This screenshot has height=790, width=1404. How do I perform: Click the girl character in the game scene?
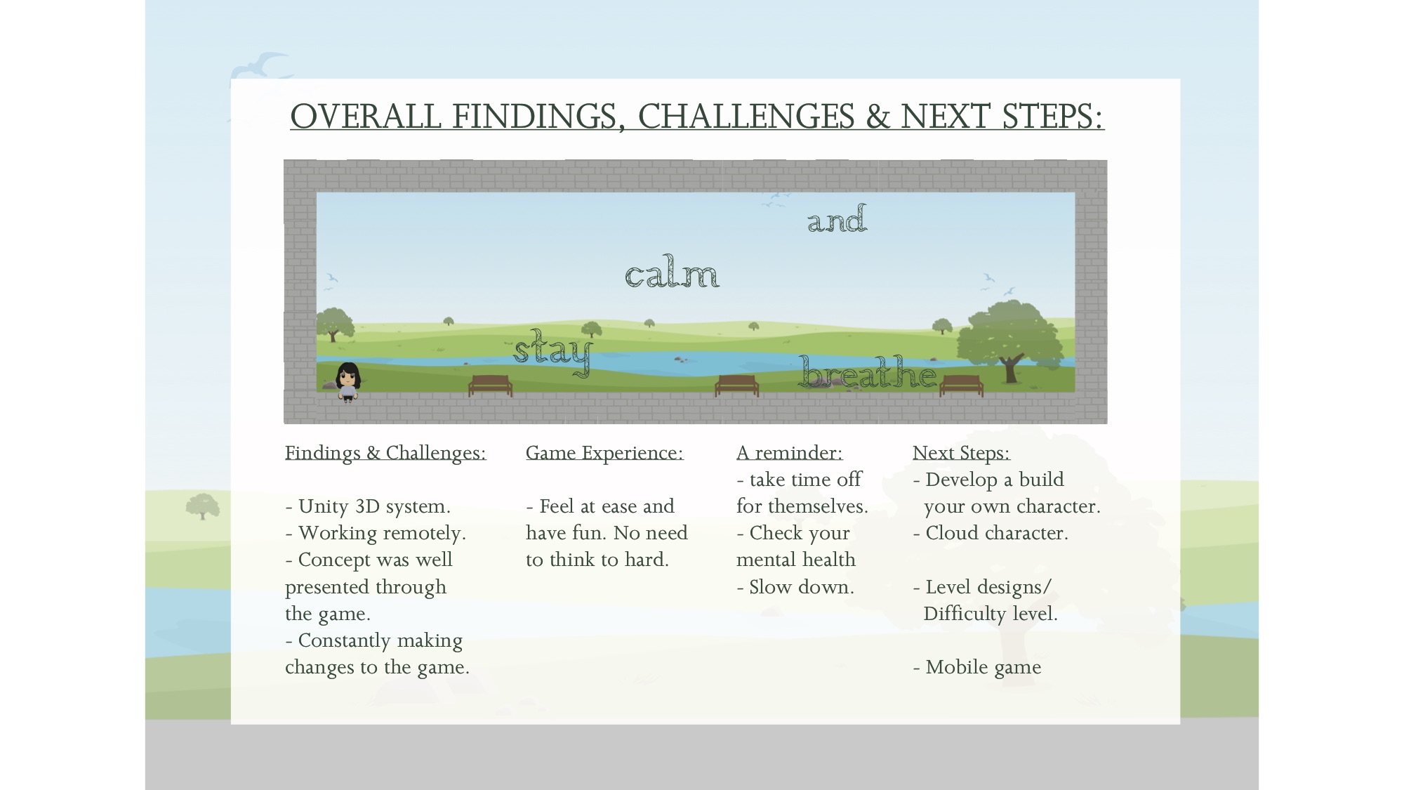348,382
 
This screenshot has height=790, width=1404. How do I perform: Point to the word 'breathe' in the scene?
868,372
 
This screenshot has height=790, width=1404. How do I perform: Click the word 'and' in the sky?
837,218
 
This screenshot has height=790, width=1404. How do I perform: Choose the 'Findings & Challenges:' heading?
385,453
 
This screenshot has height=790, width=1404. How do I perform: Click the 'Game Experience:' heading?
604,453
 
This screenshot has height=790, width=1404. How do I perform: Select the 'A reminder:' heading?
789,453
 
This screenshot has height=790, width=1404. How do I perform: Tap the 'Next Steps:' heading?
961,453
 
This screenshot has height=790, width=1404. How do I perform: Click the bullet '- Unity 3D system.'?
368,506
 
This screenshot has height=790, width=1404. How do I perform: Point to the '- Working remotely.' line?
376,534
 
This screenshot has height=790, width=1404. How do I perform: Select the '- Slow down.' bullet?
795,587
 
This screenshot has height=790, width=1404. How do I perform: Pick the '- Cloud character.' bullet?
991,533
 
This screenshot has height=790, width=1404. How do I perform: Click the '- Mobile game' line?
977,667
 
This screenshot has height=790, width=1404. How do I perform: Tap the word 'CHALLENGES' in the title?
746,116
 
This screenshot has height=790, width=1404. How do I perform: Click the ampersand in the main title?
877,117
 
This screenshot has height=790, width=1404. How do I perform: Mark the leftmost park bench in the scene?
490,386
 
